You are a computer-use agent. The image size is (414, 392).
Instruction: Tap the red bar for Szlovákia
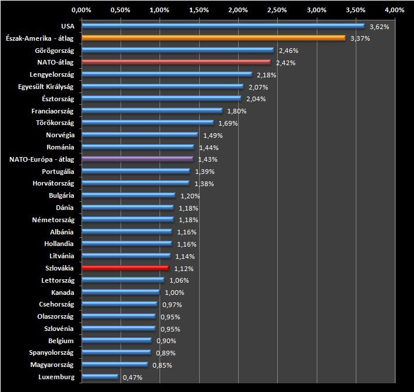[125, 268]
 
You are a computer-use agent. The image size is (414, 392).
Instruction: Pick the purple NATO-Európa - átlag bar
[137, 158]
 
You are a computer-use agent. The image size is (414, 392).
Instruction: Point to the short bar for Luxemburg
[100, 376]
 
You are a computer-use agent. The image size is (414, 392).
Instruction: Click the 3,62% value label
[379, 27]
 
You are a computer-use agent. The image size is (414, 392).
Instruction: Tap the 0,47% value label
[132, 377]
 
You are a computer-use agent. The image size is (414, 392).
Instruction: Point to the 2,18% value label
[266, 75]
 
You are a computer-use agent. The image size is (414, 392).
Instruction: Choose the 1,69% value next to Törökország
[228, 123]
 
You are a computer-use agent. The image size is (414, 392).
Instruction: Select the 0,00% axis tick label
[81, 10]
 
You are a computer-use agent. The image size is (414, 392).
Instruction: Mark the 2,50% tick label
[277, 10]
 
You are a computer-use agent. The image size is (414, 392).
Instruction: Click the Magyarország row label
[51, 365]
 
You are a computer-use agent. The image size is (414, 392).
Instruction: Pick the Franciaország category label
[52, 111]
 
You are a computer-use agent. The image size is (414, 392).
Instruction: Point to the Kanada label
[62, 292]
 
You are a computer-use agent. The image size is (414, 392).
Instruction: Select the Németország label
[54, 220]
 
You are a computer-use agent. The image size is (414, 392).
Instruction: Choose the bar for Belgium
[116, 340]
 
